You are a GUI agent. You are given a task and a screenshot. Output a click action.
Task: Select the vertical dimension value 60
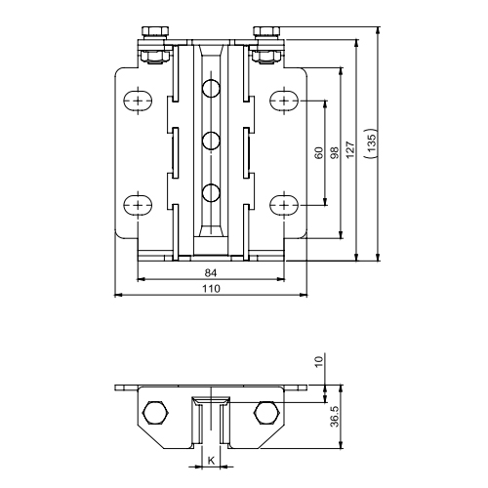318,153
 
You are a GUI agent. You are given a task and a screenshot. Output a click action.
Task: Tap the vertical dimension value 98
334,153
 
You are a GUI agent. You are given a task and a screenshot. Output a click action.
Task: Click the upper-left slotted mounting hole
138,102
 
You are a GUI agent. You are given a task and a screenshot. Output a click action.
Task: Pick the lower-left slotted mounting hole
138,205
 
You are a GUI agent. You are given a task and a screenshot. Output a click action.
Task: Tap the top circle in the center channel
210,90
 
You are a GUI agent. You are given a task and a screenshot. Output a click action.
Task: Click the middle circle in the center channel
210,142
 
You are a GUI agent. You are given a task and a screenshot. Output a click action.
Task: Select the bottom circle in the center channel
210,192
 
